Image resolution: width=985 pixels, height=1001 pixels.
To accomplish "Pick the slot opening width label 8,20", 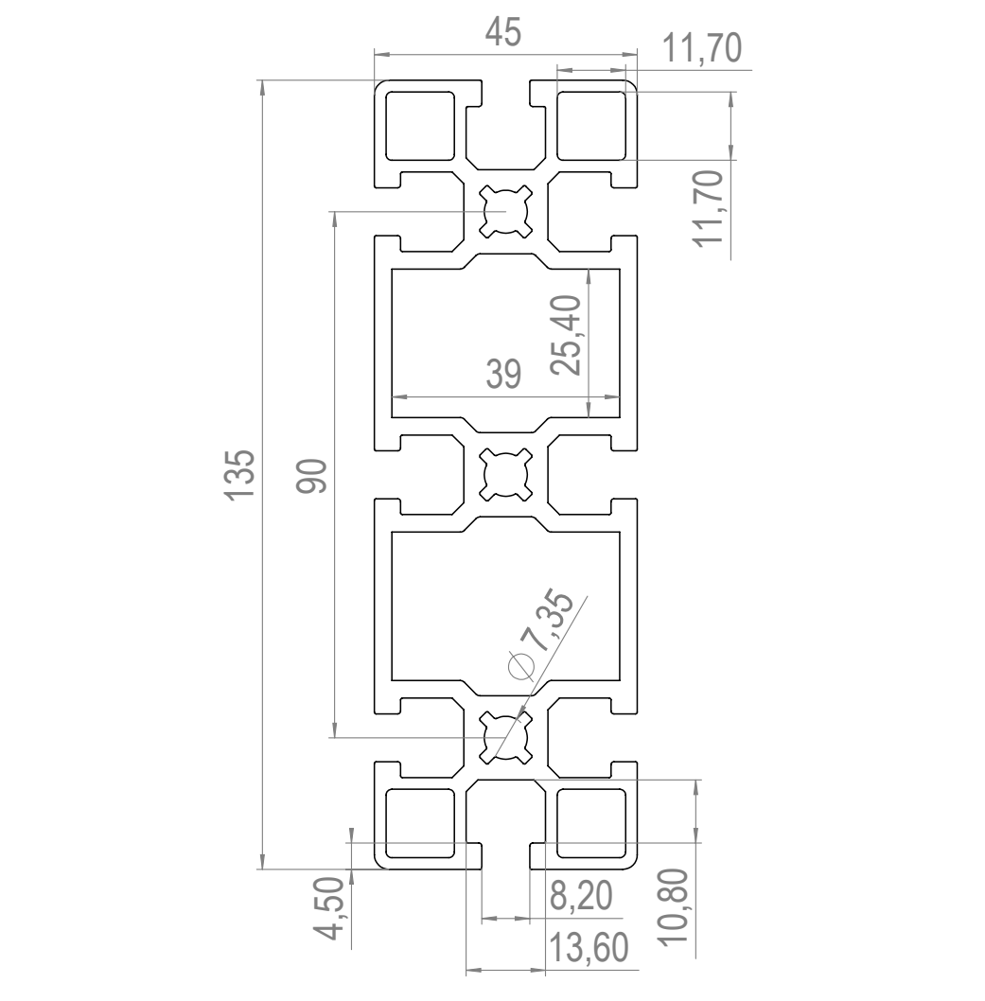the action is pyautogui.click(x=581, y=895).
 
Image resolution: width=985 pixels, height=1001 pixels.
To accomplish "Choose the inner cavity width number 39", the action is pyautogui.click(x=503, y=374).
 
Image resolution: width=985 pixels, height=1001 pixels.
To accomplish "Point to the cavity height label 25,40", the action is pyautogui.click(x=566, y=336).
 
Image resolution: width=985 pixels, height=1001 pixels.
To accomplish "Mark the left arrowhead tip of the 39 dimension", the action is pyautogui.click(x=392, y=396).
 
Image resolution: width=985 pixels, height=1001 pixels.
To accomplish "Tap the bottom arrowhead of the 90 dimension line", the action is pyautogui.click(x=334, y=737).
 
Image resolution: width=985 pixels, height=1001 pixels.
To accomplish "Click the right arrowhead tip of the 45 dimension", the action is pyautogui.click(x=637, y=54).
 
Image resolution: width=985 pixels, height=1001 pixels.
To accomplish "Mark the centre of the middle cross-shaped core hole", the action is pyautogui.click(x=505, y=474).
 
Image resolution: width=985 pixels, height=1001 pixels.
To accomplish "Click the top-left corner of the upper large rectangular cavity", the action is pyautogui.click(x=392, y=269).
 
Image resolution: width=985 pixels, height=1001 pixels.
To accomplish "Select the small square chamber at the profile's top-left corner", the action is pyautogui.click(x=420, y=126).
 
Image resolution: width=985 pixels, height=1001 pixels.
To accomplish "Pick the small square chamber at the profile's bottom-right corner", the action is pyautogui.click(x=591, y=823).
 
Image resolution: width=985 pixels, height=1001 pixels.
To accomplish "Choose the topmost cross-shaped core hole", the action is pyautogui.click(x=505, y=211).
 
